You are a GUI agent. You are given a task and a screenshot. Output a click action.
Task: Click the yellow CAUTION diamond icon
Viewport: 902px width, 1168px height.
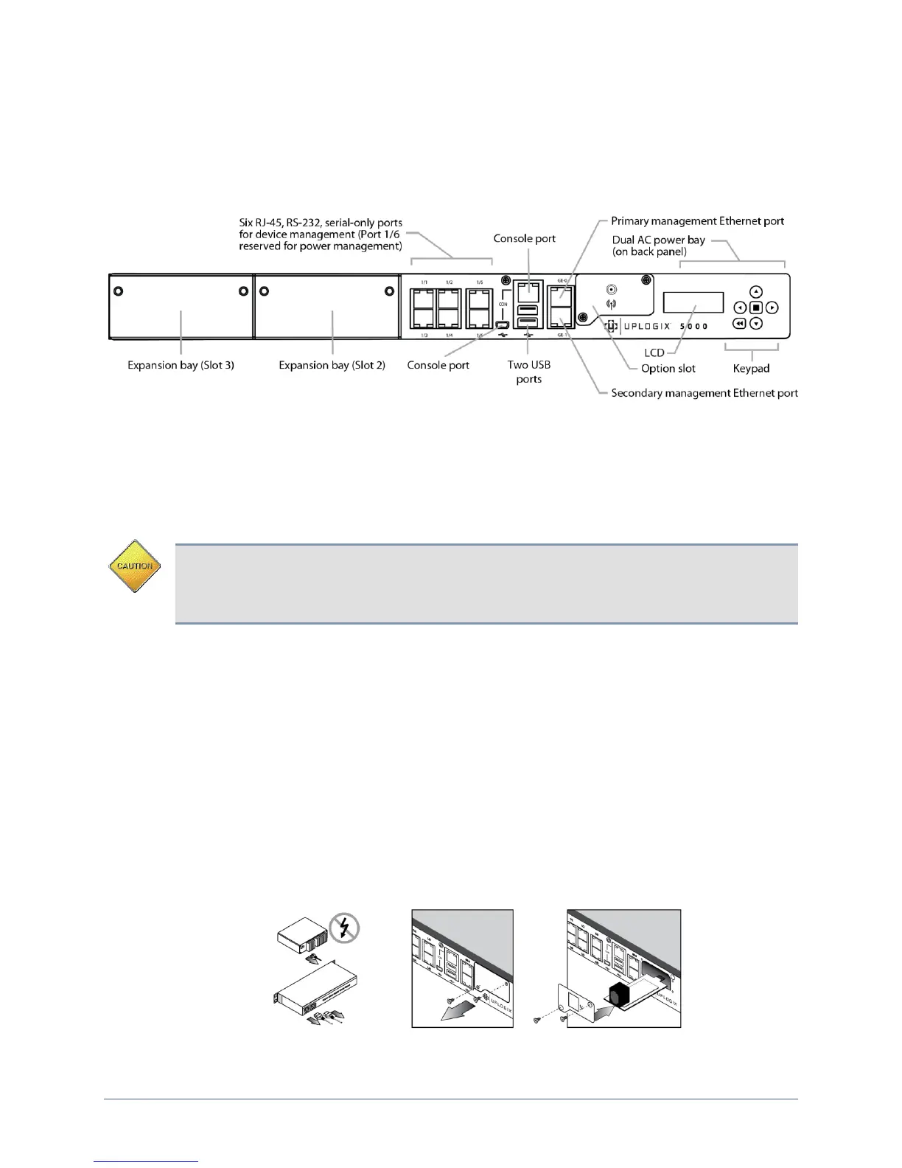click(x=135, y=566)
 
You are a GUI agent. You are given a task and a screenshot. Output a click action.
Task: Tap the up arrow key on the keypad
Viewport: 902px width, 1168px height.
click(x=755, y=292)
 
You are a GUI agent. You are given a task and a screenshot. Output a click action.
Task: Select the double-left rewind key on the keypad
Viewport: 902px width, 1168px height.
click(x=739, y=324)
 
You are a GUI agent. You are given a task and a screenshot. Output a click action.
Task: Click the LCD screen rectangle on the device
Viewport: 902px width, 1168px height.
click(x=693, y=302)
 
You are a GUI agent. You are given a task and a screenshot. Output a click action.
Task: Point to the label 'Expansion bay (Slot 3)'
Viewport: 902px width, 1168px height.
click(x=181, y=365)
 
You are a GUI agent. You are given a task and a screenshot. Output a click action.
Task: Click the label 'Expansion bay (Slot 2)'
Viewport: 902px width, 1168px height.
click(x=332, y=365)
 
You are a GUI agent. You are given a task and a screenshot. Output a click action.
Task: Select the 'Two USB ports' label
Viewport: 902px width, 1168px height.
click(x=529, y=372)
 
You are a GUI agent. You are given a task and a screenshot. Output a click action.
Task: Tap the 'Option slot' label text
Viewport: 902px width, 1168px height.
click(x=668, y=368)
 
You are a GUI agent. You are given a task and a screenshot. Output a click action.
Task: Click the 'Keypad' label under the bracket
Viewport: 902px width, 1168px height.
click(x=751, y=368)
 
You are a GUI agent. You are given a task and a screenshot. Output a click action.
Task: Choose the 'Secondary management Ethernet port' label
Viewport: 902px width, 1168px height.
click(x=705, y=393)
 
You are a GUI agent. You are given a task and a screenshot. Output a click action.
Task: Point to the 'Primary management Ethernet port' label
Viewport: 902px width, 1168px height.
click(x=697, y=221)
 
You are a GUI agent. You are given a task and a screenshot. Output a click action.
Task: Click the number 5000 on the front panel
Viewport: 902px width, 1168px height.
click(x=693, y=326)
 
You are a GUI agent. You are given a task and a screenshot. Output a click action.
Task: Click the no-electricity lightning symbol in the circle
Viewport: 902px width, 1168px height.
click(x=344, y=928)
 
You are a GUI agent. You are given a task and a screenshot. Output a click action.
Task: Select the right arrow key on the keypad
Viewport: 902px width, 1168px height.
click(x=772, y=307)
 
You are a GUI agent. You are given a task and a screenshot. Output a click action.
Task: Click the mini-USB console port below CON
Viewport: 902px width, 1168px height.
click(x=503, y=324)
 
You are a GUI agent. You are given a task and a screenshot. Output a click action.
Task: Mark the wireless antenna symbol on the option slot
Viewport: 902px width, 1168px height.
click(x=611, y=303)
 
